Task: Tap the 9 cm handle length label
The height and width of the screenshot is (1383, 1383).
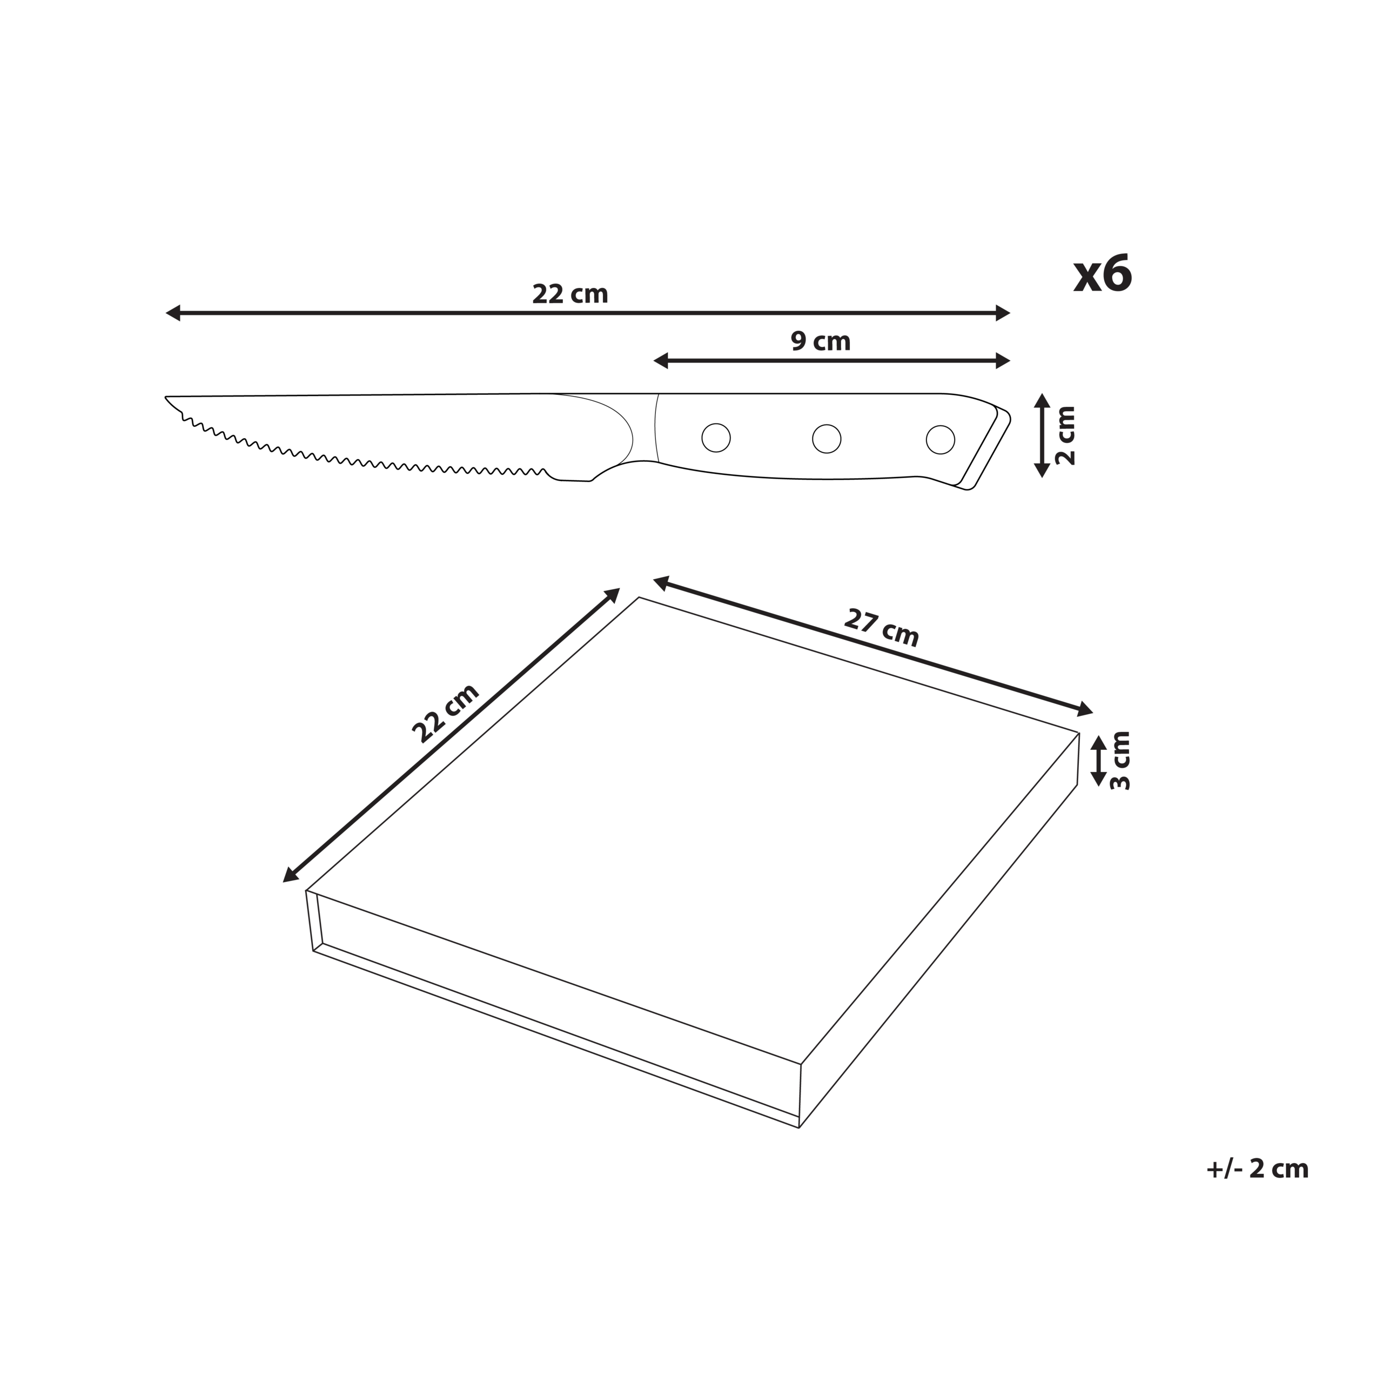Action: point(821,341)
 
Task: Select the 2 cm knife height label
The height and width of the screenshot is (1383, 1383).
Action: point(1065,435)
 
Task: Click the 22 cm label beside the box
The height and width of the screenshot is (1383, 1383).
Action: point(445,713)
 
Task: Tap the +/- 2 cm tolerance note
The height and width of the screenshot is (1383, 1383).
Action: point(1257,1169)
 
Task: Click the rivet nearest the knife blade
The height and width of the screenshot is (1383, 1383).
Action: point(716,438)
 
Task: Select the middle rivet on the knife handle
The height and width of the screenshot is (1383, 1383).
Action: point(826,438)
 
